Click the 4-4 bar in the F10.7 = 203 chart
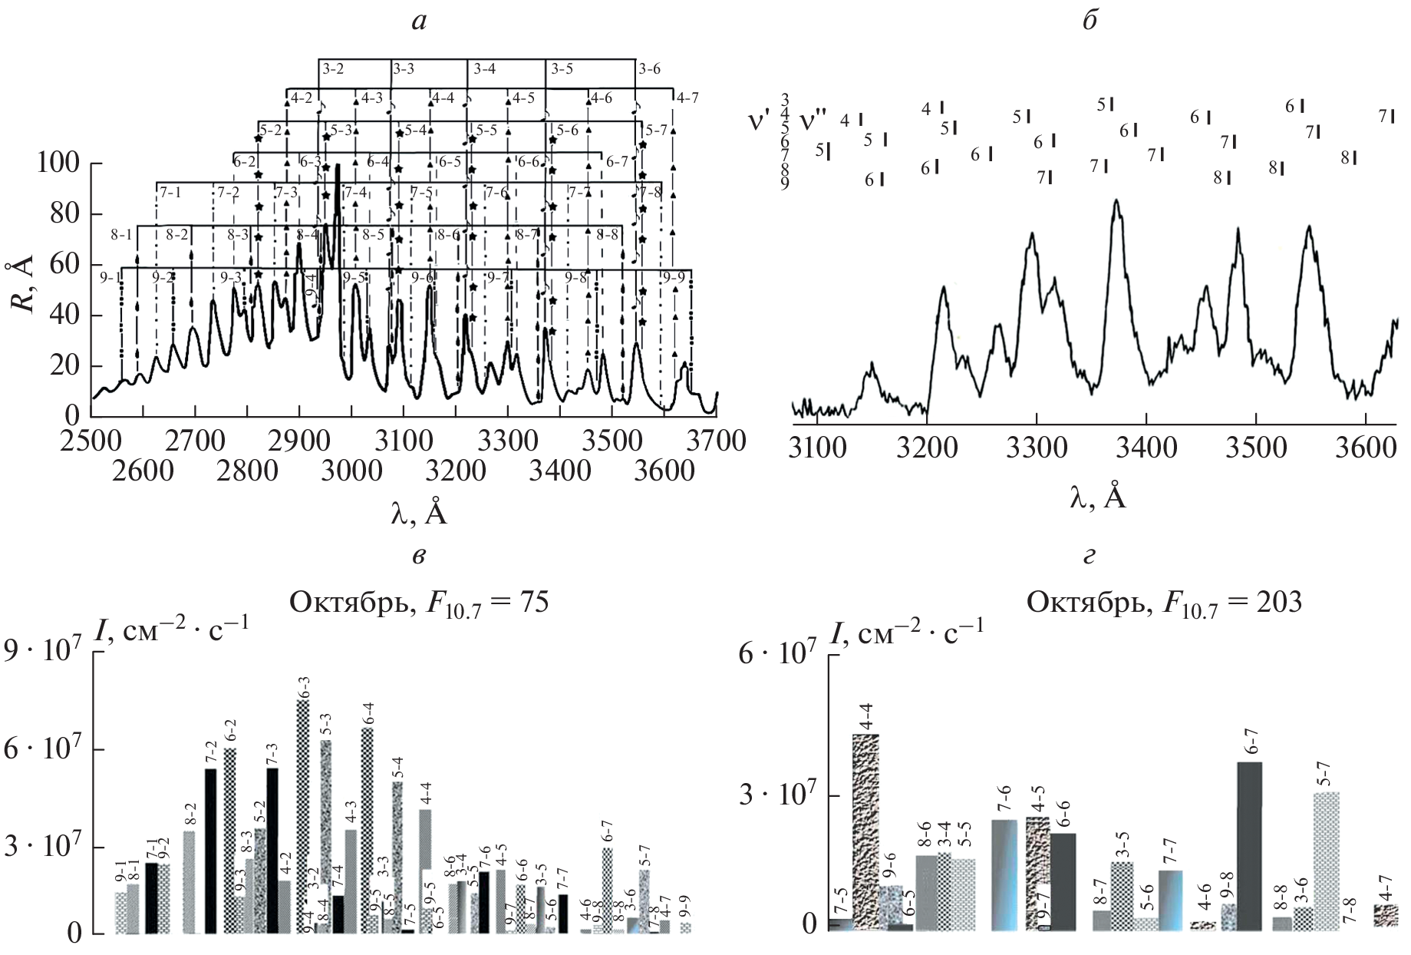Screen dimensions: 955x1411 [865, 833]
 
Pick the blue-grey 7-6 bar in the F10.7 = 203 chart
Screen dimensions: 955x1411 [1004, 875]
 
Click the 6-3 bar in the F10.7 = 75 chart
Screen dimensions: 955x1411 [302, 817]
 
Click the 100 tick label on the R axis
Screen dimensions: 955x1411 [58, 164]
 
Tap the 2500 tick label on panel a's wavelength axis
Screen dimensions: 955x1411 [91, 441]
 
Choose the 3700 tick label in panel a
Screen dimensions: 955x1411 [715, 441]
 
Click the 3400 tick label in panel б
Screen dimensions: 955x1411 [1146, 446]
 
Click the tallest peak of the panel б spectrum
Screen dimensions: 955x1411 [1116, 202]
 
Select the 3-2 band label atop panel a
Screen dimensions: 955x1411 [332, 69]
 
